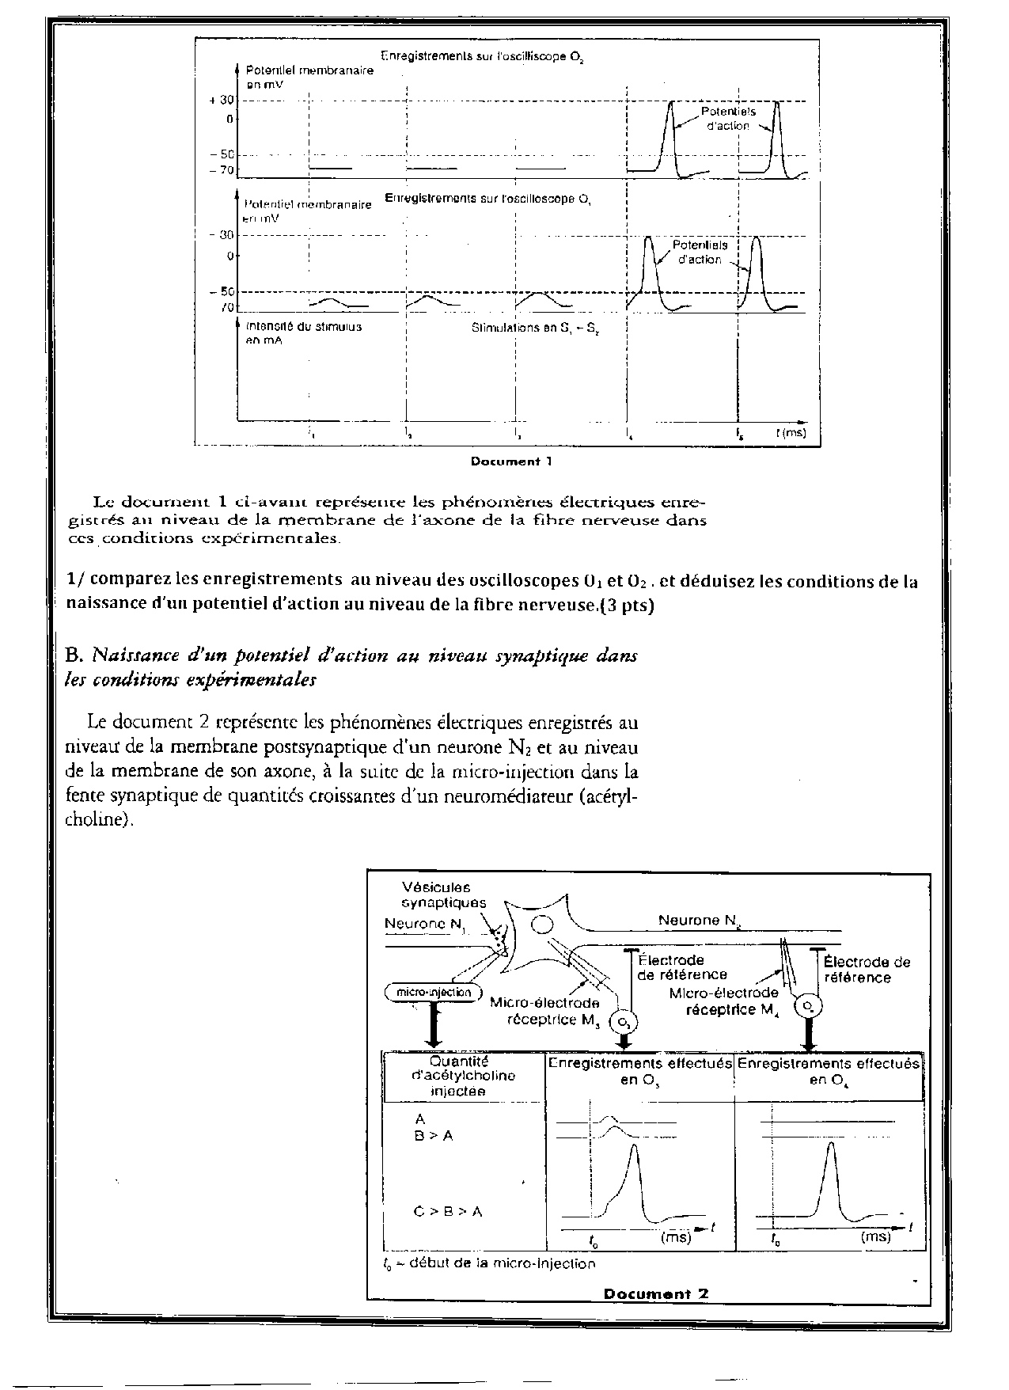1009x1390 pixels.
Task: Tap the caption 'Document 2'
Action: click(x=656, y=1293)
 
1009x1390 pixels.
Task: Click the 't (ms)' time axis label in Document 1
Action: click(x=791, y=433)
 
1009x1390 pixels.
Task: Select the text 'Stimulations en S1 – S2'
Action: click(x=534, y=327)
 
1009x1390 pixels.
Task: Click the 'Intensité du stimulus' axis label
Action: click(x=304, y=326)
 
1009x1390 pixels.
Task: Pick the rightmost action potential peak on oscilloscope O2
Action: click(x=776, y=104)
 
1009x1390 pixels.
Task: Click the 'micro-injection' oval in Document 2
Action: click(x=433, y=993)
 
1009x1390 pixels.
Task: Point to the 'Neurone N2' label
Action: click(x=698, y=920)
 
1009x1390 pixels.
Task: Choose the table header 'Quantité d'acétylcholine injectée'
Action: click(x=463, y=1077)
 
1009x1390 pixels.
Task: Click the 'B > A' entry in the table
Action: click(x=433, y=1135)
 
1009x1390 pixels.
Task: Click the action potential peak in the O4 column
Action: click(x=829, y=1145)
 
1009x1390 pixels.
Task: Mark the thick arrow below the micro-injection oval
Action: click(x=433, y=1024)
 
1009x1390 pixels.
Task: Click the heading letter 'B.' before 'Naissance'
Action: click(x=76, y=655)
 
